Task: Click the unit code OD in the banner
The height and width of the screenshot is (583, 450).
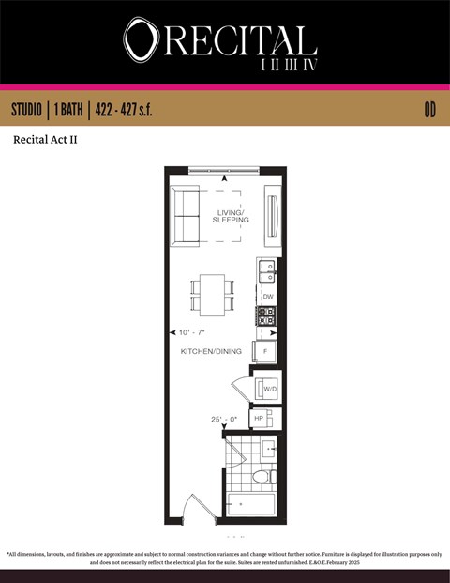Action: click(x=429, y=110)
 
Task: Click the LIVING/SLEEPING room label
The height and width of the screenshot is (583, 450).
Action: click(x=231, y=217)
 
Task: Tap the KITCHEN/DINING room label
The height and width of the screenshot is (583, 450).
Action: click(x=211, y=351)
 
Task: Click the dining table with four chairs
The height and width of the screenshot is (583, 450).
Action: click(x=211, y=293)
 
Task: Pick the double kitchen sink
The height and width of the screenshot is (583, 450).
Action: click(x=266, y=271)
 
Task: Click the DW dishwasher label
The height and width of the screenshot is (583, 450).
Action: click(x=267, y=297)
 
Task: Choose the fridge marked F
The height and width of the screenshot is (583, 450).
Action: click(x=266, y=351)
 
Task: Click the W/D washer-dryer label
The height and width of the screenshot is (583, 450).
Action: click(x=269, y=388)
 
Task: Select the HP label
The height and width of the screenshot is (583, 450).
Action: click(x=259, y=418)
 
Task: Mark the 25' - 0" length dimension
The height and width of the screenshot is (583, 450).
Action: click(x=224, y=419)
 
